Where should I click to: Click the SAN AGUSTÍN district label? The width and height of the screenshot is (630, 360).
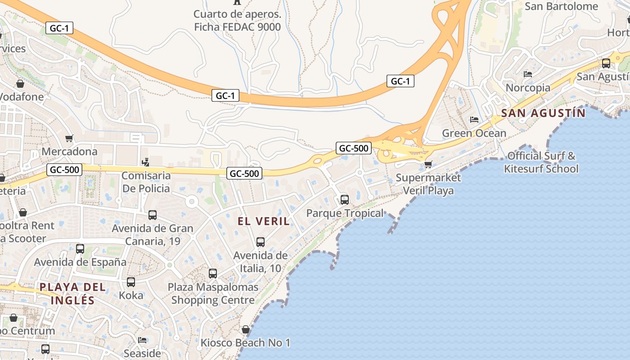pyautogui.click(x=543, y=113)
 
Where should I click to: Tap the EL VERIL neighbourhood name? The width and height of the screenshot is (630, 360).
pyautogui.click(x=264, y=221)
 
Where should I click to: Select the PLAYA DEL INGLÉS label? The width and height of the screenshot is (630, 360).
pyautogui.click(x=73, y=293)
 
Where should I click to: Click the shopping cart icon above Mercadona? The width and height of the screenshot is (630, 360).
pyautogui.click(x=69, y=138)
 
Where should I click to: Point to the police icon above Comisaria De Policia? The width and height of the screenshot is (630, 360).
pyautogui.click(x=145, y=162)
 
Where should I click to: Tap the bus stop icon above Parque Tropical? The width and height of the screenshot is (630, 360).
pyautogui.click(x=344, y=199)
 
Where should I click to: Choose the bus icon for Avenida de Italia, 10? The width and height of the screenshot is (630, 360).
pyautogui.click(x=260, y=242)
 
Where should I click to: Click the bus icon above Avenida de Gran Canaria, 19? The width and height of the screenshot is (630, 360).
pyautogui.click(x=153, y=215)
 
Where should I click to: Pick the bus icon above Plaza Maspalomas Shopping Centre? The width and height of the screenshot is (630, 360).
pyautogui.click(x=213, y=273)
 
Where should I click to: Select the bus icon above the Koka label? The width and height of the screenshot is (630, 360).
pyautogui.click(x=131, y=282)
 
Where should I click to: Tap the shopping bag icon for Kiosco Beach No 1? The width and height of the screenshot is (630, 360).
pyautogui.click(x=245, y=329)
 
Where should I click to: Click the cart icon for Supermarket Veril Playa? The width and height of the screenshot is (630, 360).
pyautogui.click(x=428, y=164)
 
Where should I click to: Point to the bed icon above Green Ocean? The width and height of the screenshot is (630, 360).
pyautogui.click(x=474, y=120)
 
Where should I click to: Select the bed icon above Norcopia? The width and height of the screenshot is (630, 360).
pyautogui.click(x=528, y=74)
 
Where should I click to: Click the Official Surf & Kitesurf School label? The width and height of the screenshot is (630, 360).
pyautogui.click(x=541, y=162)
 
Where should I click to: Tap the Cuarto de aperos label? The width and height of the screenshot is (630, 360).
pyautogui.click(x=237, y=21)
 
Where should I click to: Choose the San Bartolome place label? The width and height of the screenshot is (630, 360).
pyautogui.click(x=561, y=6)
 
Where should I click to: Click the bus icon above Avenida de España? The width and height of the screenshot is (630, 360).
pyautogui.click(x=80, y=248)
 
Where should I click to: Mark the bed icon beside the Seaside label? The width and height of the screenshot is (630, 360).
pyautogui.click(x=142, y=340)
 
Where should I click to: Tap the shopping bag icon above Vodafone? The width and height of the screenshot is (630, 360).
pyautogui.click(x=20, y=84)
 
